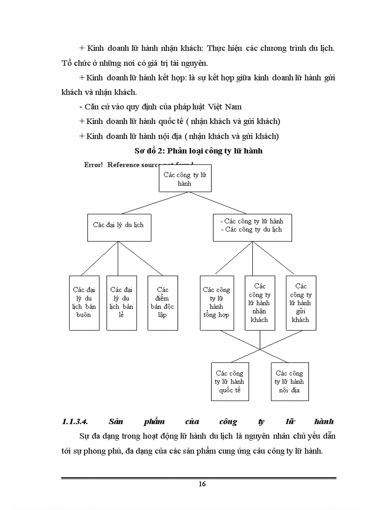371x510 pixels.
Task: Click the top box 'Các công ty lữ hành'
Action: [185, 178]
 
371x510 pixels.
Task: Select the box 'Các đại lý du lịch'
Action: [119, 227]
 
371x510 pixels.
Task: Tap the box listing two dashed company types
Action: [252, 227]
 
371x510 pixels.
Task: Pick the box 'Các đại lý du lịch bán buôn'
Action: [84, 302]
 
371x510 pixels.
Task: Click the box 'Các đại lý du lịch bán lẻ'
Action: [121, 302]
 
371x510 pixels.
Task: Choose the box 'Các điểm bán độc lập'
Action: [162, 302]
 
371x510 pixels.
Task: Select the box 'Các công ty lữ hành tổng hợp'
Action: [217, 302]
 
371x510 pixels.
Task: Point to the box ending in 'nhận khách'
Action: [260, 302]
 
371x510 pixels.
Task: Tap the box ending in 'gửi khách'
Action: [301, 302]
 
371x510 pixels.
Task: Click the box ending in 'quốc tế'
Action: [230, 381]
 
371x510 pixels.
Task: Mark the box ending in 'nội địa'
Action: [290, 381]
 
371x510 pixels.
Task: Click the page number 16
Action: [202, 484]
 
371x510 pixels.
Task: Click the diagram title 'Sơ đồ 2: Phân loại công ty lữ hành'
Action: [199, 151]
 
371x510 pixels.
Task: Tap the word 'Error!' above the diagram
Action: [93, 165]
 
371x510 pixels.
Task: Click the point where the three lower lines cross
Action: [260, 349]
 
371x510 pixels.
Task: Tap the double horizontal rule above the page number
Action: [199, 478]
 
